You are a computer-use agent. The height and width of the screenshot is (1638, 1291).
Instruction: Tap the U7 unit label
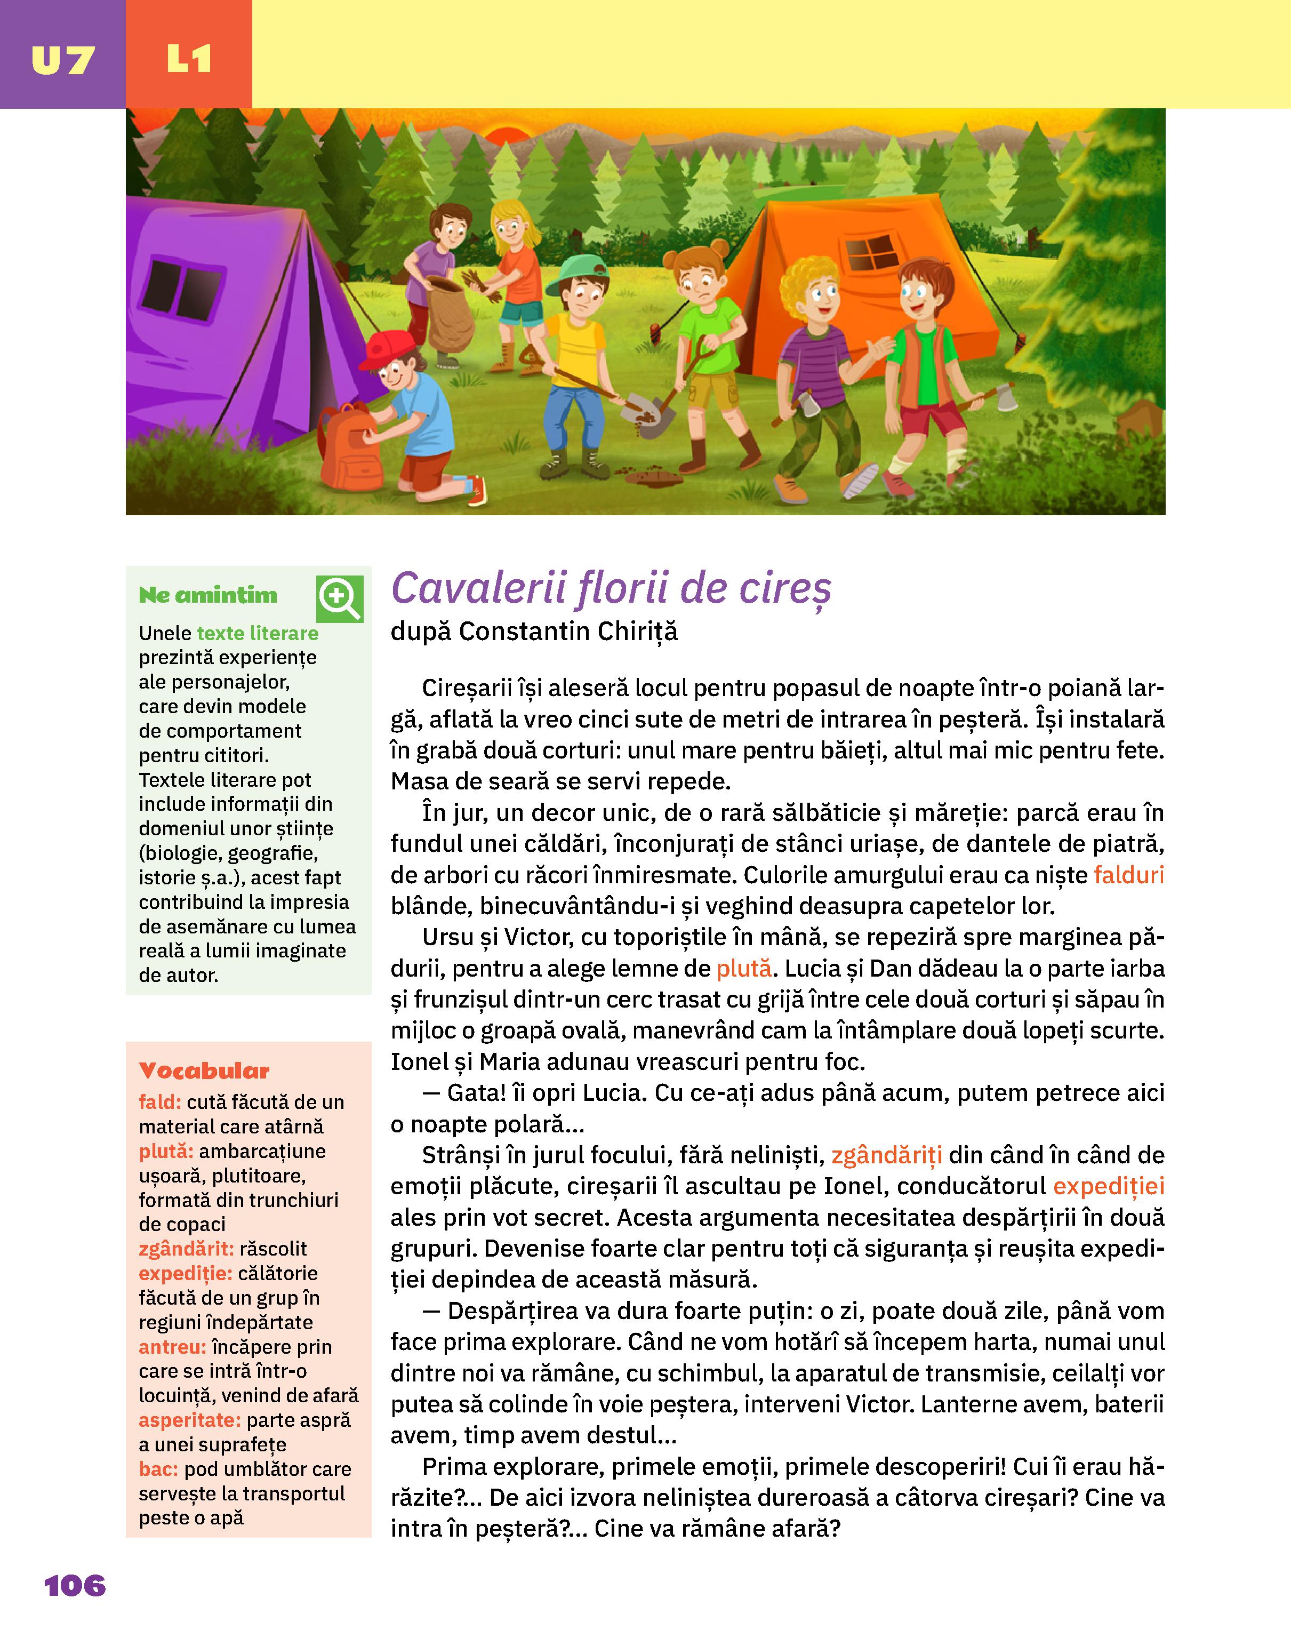(x=63, y=60)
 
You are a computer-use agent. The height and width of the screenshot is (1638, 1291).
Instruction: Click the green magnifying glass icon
(x=339, y=598)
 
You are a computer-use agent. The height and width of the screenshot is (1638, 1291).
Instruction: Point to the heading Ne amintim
(x=208, y=596)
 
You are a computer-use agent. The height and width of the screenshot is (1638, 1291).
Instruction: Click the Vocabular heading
(x=204, y=1070)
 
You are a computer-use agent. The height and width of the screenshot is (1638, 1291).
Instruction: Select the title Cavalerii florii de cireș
(x=611, y=589)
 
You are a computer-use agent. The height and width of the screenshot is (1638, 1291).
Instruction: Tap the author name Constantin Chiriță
(x=568, y=631)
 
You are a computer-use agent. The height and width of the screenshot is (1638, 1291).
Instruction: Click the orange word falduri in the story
(x=1128, y=875)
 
